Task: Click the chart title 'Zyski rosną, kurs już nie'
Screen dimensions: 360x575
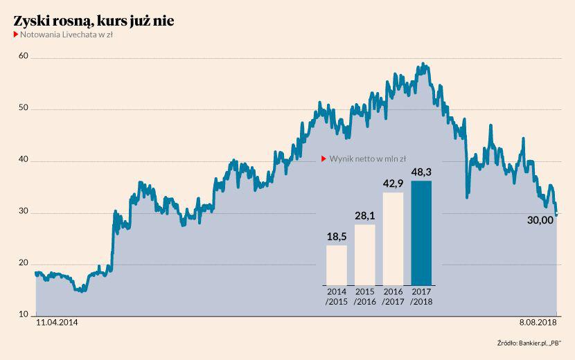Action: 94,21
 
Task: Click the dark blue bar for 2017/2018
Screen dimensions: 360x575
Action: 421,233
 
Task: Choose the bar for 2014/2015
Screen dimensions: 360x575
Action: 337,265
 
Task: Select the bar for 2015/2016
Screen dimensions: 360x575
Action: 365,255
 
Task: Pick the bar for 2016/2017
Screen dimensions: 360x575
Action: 393,239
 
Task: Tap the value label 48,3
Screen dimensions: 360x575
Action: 421,170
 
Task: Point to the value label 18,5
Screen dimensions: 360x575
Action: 337,236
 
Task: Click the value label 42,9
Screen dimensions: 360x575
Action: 393,183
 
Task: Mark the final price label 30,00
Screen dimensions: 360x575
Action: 540,220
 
